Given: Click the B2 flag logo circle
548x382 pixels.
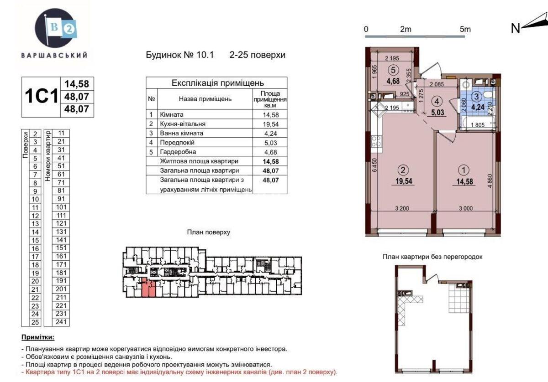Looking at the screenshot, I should tap(54, 28).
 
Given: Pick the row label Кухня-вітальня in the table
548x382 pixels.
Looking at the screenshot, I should tap(183, 124).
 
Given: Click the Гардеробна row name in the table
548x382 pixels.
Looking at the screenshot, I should tap(179, 152).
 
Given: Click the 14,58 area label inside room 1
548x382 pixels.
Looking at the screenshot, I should tap(463, 181).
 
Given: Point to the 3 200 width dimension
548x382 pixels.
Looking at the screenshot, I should tap(402, 208).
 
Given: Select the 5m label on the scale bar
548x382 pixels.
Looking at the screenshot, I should tap(465, 29).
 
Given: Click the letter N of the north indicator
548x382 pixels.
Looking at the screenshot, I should tap(516, 28).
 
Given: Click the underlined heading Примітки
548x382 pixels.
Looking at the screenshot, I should tap(37, 337).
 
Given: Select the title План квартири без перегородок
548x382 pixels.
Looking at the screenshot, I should tap(432, 257).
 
